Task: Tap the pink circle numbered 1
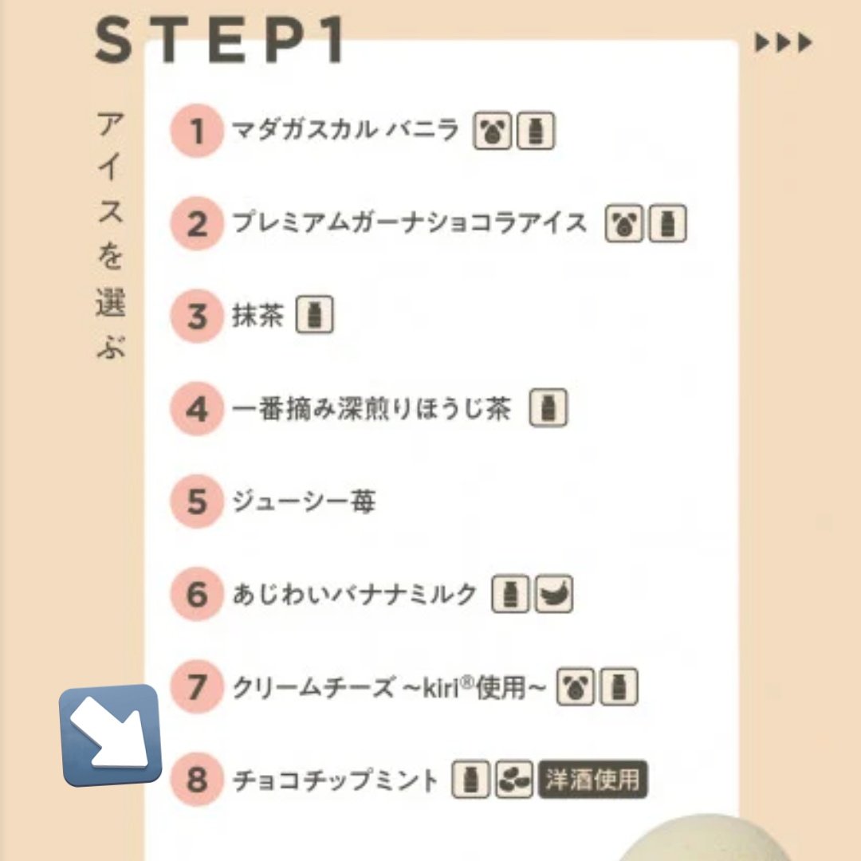pyautogui.click(x=197, y=131)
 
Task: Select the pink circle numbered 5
pyautogui.click(x=197, y=501)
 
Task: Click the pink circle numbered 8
pyautogui.click(x=197, y=779)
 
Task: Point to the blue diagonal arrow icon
pyautogui.click(x=110, y=735)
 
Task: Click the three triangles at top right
pyautogui.click(x=784, y=43)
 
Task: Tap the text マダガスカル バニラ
pyautogui.click(x=345, y=130)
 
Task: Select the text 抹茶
pyautogui.click(x=258, y=315)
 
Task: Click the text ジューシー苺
pyautogui.click(x=304, y=501)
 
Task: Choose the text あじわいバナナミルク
pyautogui.click(x=354, y=594)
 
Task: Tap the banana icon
pyautogui.click(x=554, y=594)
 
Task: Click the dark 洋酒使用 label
pyautogui.click(x=593, y=779)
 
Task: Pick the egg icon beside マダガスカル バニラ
pyautogui.click(x=492, y=131)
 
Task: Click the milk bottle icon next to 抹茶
pyautogui.click(x=315, y=315)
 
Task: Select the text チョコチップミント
pyautogui.click(x=335, y=780)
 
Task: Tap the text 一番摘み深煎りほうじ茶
pyautogui.click(x=372, y=408)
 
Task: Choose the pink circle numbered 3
pyautogui.click(x=197, y=316)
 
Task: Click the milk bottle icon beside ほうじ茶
pyautogui.click(x=548, y=408)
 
